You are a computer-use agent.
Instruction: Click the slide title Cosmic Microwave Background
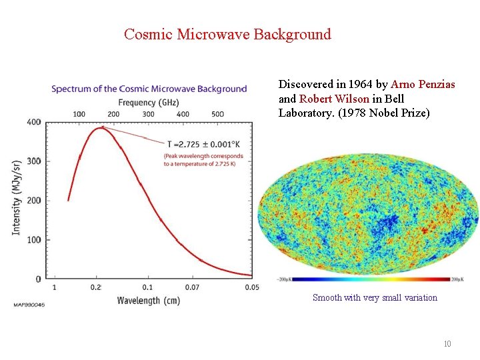[227, 34]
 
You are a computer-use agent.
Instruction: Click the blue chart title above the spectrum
[149, 89]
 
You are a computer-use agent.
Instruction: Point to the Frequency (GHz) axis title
[149, 102]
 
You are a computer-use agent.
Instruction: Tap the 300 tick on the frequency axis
[148, 114]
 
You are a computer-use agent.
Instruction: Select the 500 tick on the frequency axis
[217, 114]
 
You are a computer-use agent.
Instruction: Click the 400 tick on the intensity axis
[33, 122]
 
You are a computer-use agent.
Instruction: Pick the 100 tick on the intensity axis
[33, 239]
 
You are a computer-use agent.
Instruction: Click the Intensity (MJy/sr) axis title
[15, 197]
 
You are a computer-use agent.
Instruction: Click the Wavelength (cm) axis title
[148, 301]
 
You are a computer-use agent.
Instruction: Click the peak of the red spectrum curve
[101, 128]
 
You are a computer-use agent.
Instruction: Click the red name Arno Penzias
[423, 85]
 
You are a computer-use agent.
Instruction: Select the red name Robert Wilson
[334, 99]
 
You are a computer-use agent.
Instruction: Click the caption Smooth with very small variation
[375, 298]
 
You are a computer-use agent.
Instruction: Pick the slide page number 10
[447, 344]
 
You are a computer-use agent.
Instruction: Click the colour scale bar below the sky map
[366, 279]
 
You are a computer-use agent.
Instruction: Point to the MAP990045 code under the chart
[29, 305]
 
